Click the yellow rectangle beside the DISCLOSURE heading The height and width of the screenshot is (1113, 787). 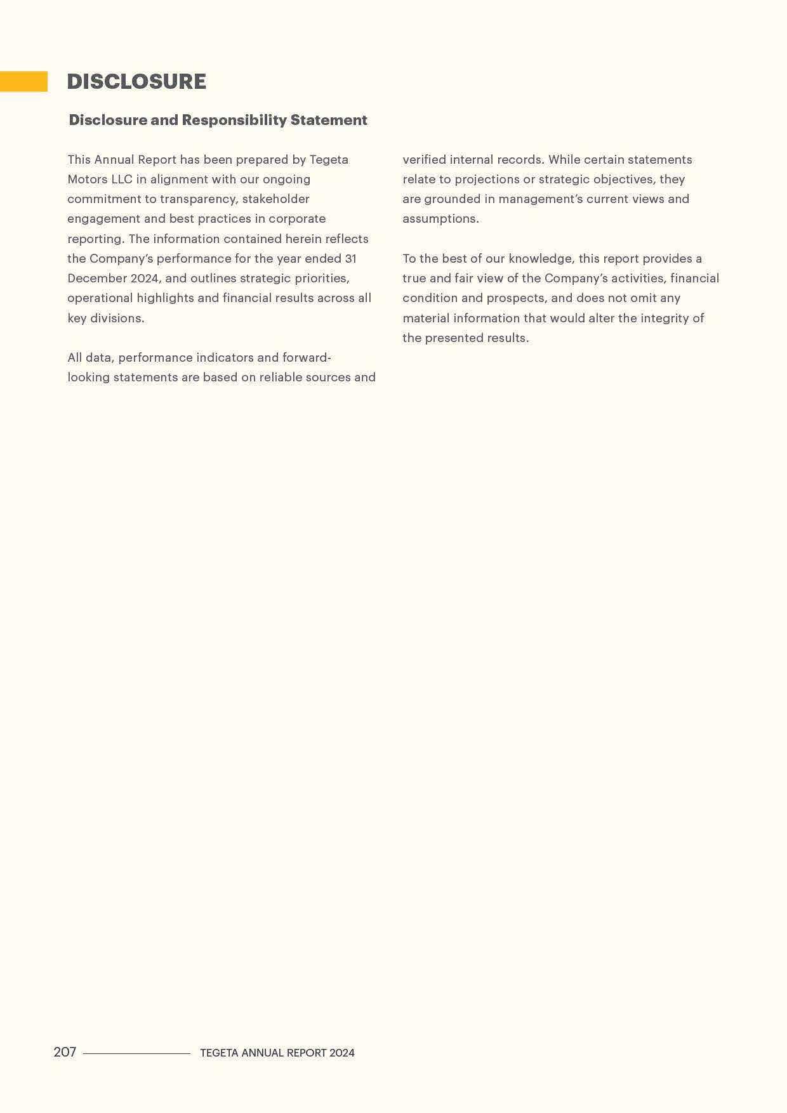coord(23,81)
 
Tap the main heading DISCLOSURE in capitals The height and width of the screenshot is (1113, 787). coord(136,81)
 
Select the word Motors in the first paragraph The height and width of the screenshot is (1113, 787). coord(88,179)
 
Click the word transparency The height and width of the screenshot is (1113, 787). coord(199,199)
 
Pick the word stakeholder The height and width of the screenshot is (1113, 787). coord(276,199)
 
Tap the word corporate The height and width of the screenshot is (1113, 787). coord(297,218)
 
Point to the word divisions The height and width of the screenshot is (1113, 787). coord(117,318)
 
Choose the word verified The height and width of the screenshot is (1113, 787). coord(424,159)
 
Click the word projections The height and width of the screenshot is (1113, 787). coord(487,179)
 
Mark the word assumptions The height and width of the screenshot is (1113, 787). coord(440,218)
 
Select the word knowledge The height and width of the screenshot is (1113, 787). coord(539,258)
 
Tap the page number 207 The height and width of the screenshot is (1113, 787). coord(65,1052)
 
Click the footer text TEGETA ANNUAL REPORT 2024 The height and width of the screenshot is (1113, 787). coord(277,1053)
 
